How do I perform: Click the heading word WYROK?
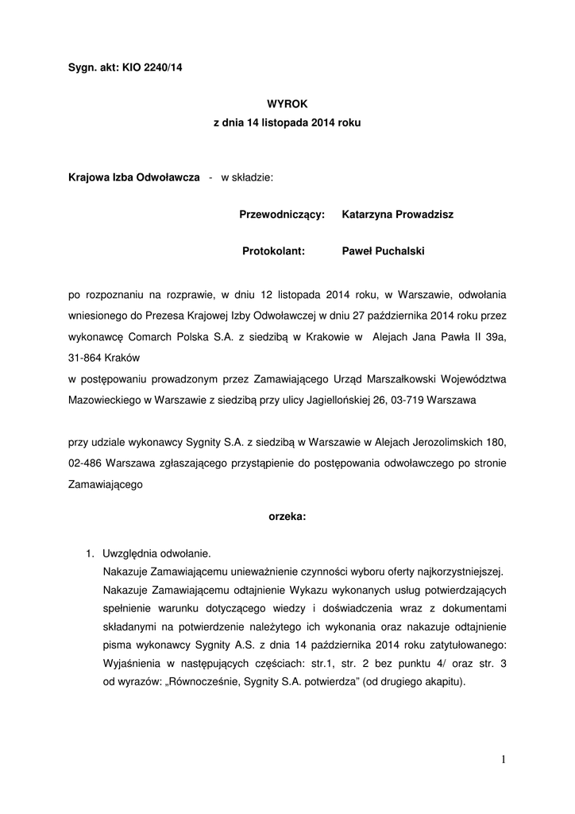tap(287, 103)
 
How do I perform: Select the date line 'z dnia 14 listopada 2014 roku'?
tap(287, 124)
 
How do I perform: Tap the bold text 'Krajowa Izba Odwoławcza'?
tap(133, 178)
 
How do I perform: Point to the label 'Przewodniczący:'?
tap(282, 215)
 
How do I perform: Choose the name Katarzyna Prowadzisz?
tap(397, 215)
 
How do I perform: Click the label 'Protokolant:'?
tap(274, 251)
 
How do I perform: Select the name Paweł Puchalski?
tap(383, 251)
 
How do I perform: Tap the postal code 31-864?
tap(86, 359)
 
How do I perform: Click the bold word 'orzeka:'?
tap(287, 517)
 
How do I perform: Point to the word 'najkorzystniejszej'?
tap(459, 571)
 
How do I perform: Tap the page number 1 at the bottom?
tap(504, 760)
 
